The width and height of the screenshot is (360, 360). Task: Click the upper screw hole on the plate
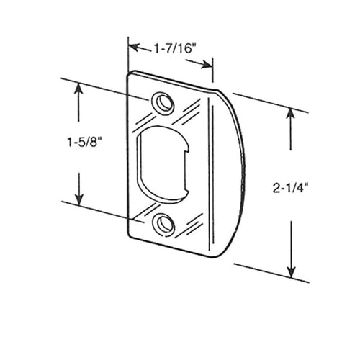(163, 102)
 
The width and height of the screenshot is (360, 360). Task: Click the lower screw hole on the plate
(166, 224)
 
